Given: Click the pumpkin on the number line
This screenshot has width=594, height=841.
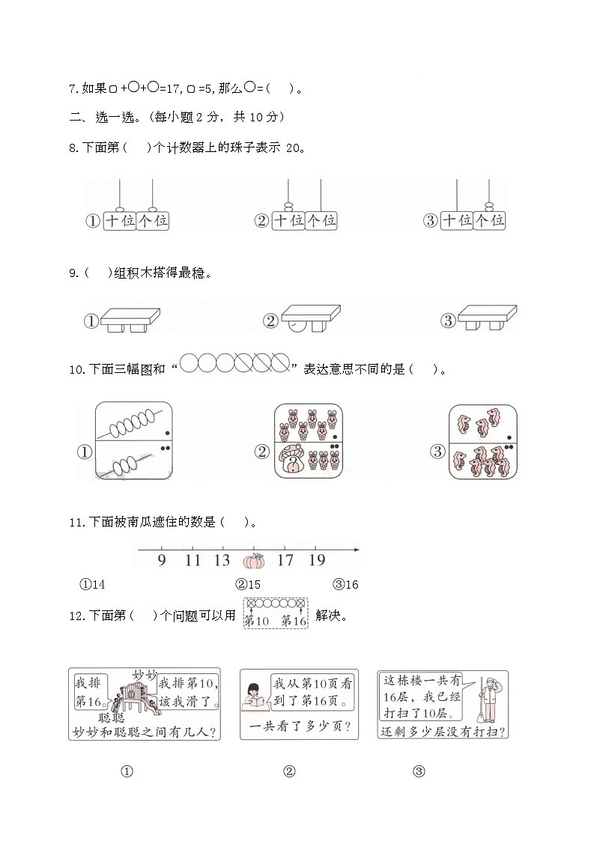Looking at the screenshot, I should click(x=255, y=562).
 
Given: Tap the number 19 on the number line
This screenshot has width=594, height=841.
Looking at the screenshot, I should click(x=316, y=560).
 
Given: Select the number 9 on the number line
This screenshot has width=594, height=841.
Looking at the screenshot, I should click(x=162, y=560).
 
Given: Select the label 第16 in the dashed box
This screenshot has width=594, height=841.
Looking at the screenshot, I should click(x=294, y=620).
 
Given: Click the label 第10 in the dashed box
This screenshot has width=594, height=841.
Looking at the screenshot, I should click(x=257, y=620).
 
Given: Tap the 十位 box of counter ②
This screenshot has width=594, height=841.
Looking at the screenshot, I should click(x=288, y=221).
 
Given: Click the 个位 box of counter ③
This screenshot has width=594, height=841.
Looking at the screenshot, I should click(x=490, y=221).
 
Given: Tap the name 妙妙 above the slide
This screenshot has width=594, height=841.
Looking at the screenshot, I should click(x=145, y=675).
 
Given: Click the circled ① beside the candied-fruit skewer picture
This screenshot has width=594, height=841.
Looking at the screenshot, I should click(x=84, y=452).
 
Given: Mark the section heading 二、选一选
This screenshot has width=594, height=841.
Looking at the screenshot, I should click(x=105, y=117).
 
